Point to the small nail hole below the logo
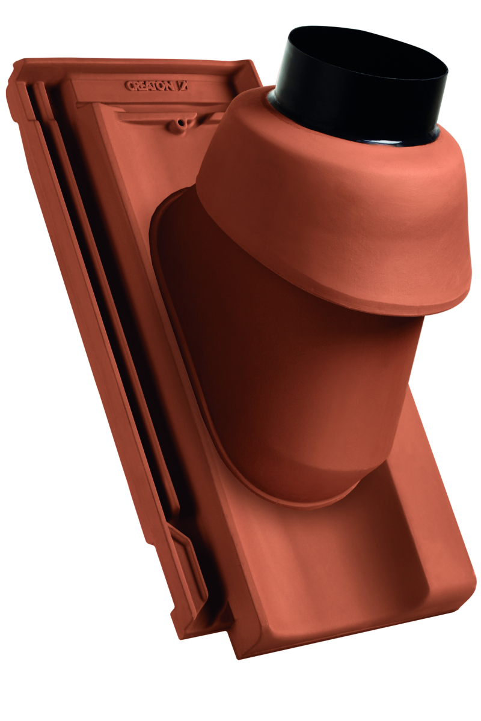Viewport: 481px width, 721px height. pyautogui.click(x=179, y=123)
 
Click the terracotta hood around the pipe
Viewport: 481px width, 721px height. pyautogui.click(x=337, y=198)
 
